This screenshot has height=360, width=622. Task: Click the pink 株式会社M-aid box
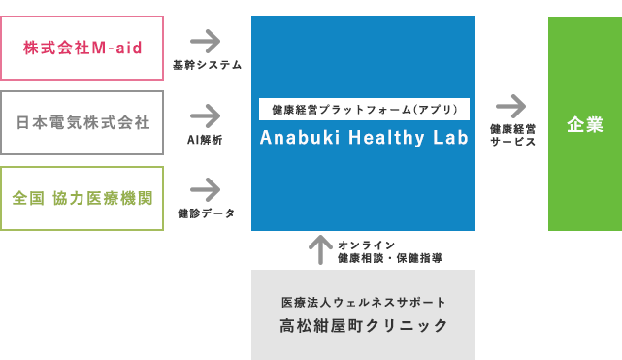point(82,48)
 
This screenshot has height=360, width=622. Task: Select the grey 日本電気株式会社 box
point(82,123)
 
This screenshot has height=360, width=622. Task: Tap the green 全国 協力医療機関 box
point(82,198)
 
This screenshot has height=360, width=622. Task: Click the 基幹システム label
point(207,66)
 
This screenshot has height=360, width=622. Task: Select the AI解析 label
point(205,140)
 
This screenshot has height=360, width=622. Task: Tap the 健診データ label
point(205,213)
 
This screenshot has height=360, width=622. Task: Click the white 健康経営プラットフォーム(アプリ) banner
point(364,110)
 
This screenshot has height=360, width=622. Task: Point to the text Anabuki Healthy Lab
point(364,138)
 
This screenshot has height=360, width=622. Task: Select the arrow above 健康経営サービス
point(510,105)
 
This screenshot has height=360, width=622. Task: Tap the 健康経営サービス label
point(512,134)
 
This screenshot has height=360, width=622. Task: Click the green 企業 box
point(585,124)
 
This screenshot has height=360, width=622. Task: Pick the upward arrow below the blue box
point(319,250)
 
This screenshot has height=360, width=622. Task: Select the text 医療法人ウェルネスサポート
point(364,302)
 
